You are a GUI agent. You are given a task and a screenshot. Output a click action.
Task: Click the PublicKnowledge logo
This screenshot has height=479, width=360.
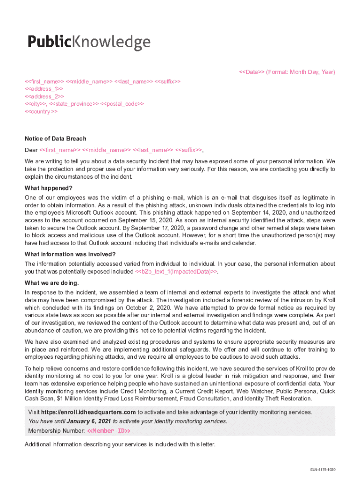pos(89,43)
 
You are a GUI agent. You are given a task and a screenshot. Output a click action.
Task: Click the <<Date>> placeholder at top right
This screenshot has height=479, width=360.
pos(252,72)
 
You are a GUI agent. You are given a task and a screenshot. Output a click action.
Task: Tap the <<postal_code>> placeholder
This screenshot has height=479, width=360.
pos(122,104)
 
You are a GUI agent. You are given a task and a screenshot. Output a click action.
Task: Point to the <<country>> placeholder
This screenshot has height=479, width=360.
pos(41,112)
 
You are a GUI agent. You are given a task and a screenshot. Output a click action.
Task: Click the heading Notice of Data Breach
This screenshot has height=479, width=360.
pos(56,138)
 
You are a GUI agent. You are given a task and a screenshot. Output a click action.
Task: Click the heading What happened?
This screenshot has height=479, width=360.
pos(49,188)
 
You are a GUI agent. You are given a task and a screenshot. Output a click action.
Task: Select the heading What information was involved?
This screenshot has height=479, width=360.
pos(70,254)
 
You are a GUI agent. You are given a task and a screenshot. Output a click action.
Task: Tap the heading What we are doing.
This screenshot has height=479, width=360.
pos(52,283)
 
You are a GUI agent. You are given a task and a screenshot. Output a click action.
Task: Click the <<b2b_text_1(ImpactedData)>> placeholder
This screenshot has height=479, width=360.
pos(176,271)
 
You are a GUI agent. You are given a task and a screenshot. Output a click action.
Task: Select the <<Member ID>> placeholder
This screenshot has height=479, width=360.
pos(108,430)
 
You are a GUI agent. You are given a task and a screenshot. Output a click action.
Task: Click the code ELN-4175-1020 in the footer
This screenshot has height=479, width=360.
pos(323,469)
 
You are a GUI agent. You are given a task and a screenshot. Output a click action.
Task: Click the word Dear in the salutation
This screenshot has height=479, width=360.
pos(31,150)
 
